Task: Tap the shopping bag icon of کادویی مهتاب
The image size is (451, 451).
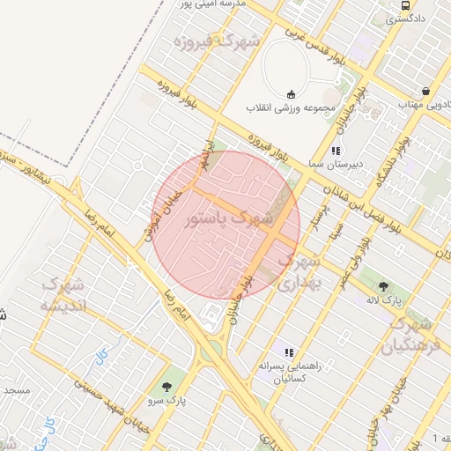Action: pyautogui.click(x=426, y=91)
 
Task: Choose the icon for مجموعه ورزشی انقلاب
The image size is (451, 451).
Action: pyautogui.click(x=292, y=94)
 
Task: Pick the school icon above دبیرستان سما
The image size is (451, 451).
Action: pyautogui.click(x=336, y=151)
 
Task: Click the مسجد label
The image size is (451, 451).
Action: pyautogui.click(x=15, y=388)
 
